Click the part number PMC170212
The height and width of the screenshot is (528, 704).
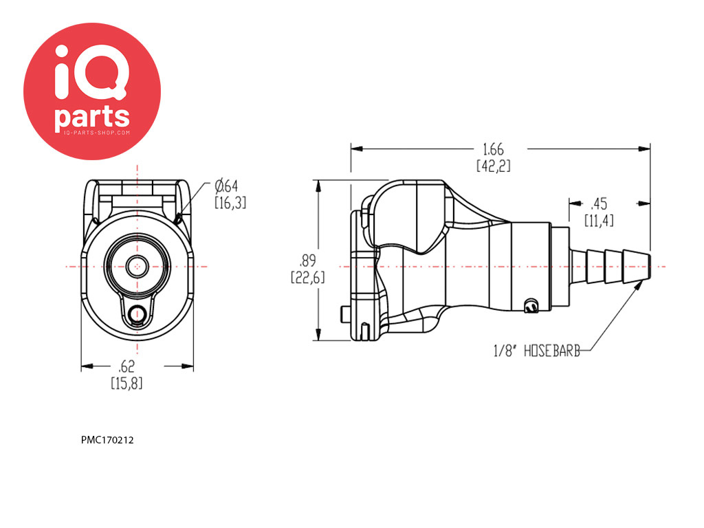[107, 441]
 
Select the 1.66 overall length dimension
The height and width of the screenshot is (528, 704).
[493, 157]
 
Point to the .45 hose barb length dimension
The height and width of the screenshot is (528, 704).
[599, 212]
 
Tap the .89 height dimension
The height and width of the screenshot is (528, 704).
[307, 269]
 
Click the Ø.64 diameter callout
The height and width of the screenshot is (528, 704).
[230, 194]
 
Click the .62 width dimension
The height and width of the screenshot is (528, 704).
[126, 375]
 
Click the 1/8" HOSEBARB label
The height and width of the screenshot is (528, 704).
[536, 351]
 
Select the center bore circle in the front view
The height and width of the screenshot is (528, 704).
[137, 267]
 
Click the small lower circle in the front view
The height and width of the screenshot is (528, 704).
[136, 314]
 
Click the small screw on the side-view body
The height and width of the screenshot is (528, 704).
[531, 306]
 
